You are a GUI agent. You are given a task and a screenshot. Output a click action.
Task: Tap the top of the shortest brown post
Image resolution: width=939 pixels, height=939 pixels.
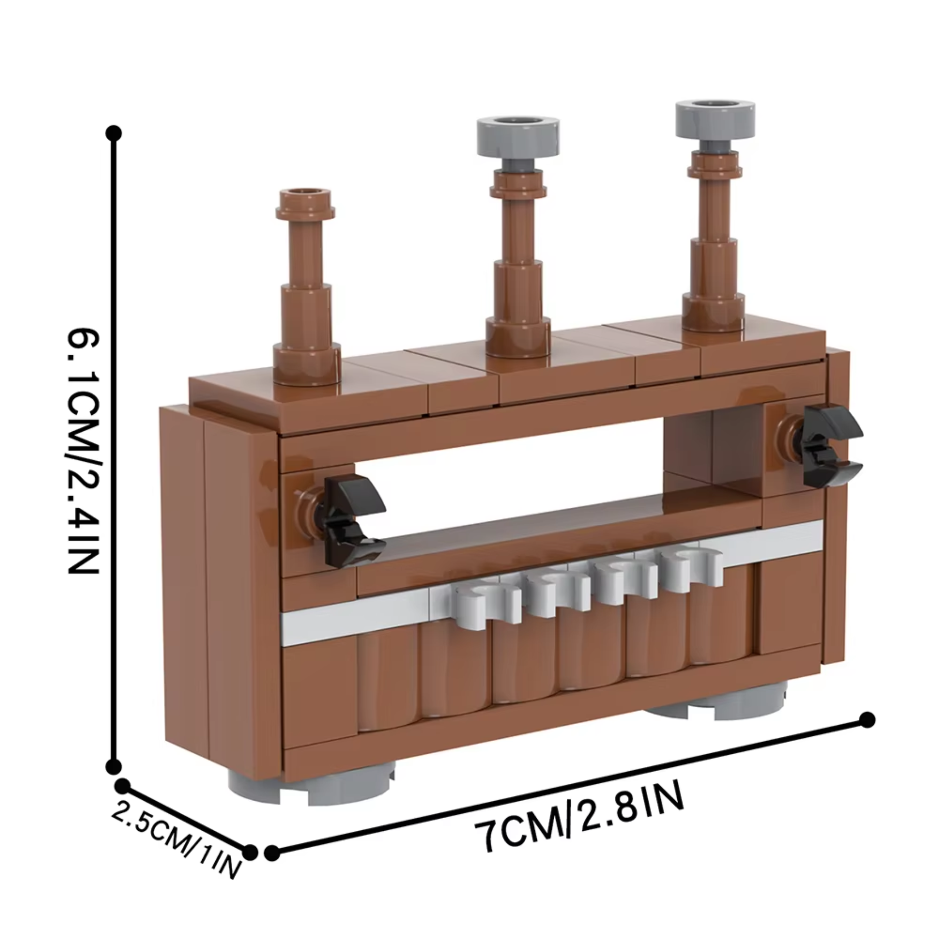305,197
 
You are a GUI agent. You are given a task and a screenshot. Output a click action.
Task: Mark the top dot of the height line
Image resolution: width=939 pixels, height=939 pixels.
114,132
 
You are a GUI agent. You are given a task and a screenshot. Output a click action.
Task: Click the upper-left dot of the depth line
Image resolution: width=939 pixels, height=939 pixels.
122,786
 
